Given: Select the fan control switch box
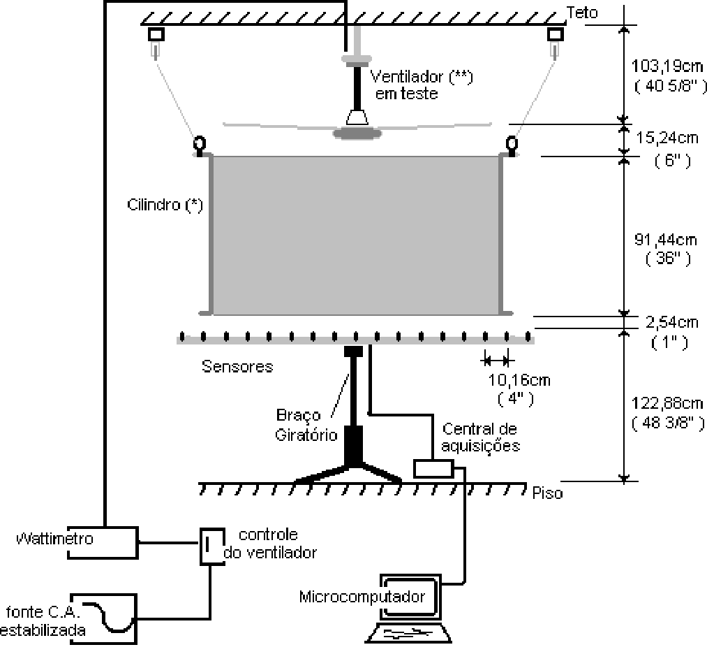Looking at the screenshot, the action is [x=212, y=546].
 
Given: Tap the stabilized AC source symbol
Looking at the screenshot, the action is [x=104, y=619].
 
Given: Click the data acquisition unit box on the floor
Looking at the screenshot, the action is [x=433, y=468].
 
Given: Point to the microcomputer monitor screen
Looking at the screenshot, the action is [x=410, y=597].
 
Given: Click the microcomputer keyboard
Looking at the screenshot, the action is [x=408, y=633].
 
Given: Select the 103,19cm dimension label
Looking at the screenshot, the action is [x=667, y=66].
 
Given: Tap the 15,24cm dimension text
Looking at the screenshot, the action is [x=667, y=138].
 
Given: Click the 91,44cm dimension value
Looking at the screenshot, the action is [x=666, y=239].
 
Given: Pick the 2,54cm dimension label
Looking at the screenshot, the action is [x=671, y=322].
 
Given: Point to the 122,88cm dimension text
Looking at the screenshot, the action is [x=667, y=402].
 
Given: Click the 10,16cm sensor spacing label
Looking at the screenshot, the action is [x=519, y=380].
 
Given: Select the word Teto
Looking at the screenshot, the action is [x=582, y=13].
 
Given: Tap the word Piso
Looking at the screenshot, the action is [x=547, y=493].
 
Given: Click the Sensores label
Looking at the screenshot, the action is [x=237, y=366].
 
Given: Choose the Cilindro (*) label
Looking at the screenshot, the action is [x=165, y=205].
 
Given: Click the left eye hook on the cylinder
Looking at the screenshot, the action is [x=200, y=145].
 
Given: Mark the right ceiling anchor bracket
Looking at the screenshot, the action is [x=555, y=34].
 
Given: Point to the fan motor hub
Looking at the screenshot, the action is [x=357, y=133].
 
